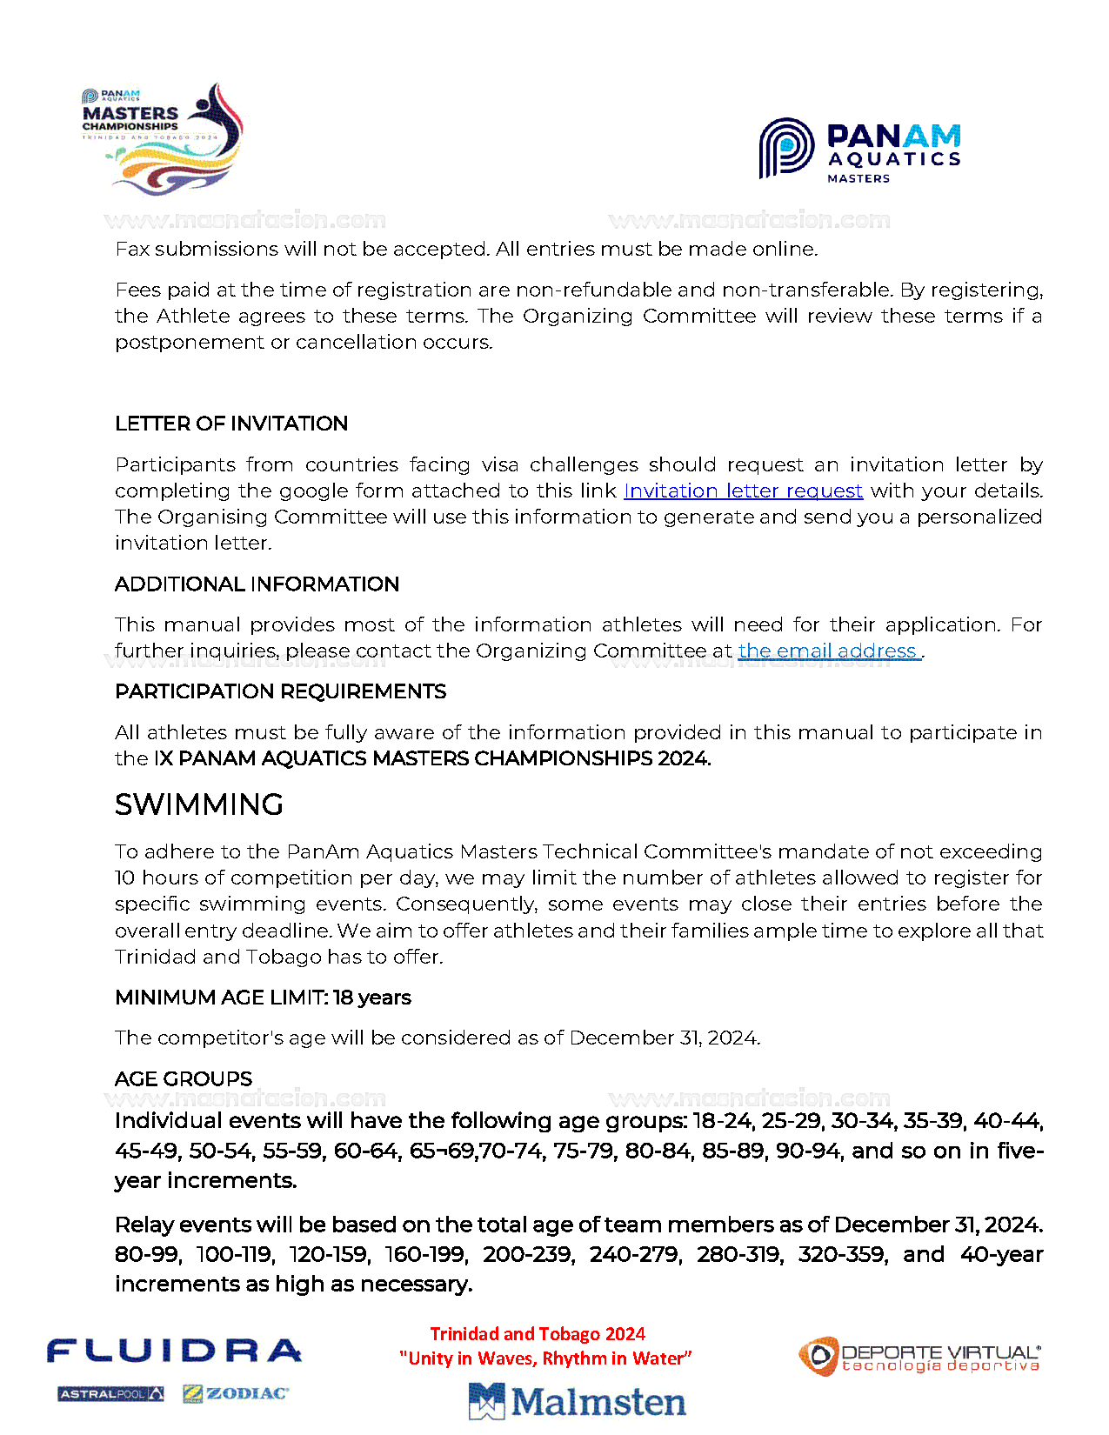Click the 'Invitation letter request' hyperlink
point(743,491)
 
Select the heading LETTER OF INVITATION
point(231,424)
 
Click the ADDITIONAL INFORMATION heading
point(257,584)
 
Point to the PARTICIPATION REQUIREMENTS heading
point(280,692)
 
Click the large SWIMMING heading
point(199,804)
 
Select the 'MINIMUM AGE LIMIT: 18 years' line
point(263,998)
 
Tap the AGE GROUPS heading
point(184,1079)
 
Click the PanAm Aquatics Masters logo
point(859,150)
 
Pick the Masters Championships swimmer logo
point(163,139)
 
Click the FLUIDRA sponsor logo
point(174,1352)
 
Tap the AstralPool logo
point(110,1394)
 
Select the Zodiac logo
point(236,1394)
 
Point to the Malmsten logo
point(578,1401)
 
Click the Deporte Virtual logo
point(919,1357)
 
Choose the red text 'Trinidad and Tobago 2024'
point(538,1334)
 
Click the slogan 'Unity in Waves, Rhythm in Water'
point(545,1358)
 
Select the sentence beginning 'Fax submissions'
point(466,250)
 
